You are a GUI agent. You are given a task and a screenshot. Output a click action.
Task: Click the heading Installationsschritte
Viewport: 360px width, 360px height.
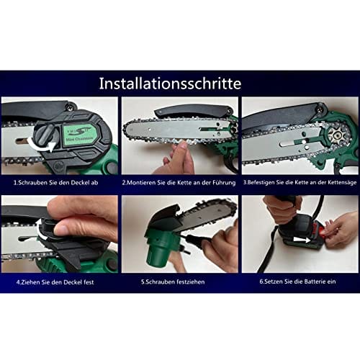(x=170, y=84)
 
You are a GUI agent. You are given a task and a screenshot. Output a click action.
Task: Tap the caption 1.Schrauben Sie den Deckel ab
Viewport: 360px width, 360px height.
(x=55, y=183)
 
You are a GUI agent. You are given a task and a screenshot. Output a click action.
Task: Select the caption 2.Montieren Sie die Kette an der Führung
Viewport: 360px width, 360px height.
(x=179, y=183)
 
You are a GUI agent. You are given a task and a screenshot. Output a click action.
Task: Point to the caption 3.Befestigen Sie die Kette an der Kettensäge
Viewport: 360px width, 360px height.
(x=300, y=182)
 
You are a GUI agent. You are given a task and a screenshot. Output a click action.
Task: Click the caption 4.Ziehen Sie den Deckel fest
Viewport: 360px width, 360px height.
(x=55, y=282)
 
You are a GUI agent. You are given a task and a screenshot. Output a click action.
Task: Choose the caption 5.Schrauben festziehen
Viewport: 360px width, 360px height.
(x=173, y=282)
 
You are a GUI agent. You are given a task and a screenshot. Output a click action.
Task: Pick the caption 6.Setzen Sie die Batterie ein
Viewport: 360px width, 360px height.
(x=297, y=282)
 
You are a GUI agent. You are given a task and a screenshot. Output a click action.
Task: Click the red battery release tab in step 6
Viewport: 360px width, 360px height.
(x=325, y=229)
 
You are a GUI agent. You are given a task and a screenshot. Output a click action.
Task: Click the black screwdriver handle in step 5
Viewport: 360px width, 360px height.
(x=201, y=241)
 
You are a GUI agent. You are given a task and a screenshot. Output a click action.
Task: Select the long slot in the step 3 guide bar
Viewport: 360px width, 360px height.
(x=290, y=144)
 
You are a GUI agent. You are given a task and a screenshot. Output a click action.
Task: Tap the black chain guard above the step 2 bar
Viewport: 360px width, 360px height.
(x=193, y=110)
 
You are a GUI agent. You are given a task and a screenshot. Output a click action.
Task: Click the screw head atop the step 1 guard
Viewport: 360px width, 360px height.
(x=71, y=104)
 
